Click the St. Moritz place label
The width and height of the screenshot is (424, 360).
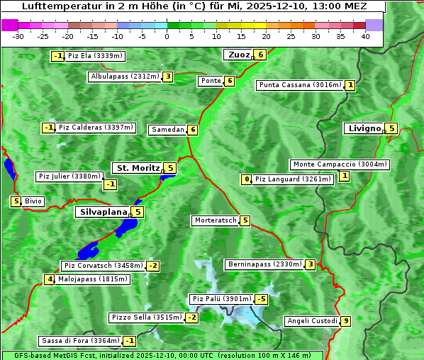137,168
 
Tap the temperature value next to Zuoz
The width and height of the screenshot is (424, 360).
261,55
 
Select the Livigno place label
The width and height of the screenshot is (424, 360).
364,128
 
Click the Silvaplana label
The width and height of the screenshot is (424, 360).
103,212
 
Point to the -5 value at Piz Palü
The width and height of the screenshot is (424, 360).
262,299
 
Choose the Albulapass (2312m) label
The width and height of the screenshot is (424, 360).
124,77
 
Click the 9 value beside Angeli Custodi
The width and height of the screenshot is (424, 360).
345,321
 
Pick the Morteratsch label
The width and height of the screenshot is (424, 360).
216,220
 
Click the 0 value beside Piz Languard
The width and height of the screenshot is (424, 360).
247,179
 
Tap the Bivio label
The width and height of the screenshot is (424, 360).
33,201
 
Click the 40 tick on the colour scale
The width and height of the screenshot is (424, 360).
365,36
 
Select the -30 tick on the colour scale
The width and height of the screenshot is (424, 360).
18,36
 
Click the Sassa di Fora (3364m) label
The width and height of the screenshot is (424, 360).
79,341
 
